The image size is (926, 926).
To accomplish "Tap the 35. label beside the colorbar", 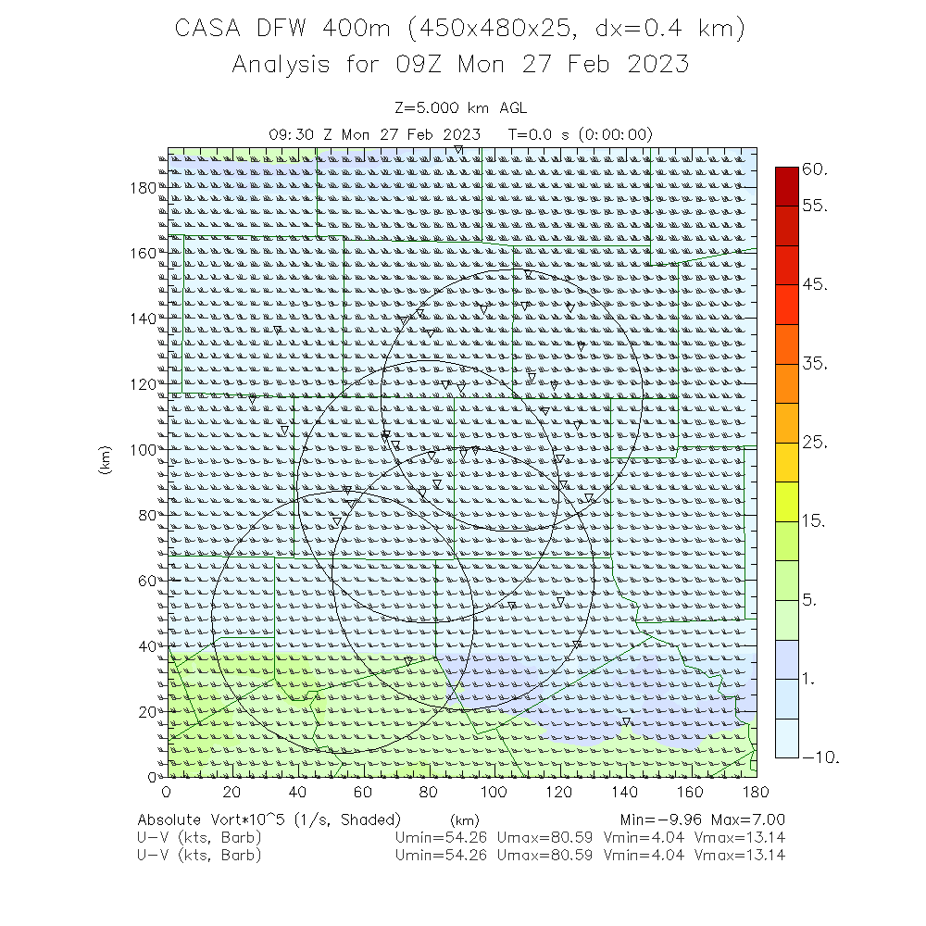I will click(815, 364).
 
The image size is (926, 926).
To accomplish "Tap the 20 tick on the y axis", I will click(146, 711).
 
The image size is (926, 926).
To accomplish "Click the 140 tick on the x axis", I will click(625, 792).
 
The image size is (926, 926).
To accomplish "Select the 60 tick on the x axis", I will click(363, 792).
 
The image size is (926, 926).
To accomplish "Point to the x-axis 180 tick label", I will click(757, 792).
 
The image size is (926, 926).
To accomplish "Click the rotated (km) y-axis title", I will click(106, 461).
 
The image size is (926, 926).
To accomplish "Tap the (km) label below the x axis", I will click(463, 820).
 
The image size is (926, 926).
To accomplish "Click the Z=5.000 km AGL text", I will click(460, 108).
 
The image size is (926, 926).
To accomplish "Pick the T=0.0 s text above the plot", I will click(544, 134).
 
